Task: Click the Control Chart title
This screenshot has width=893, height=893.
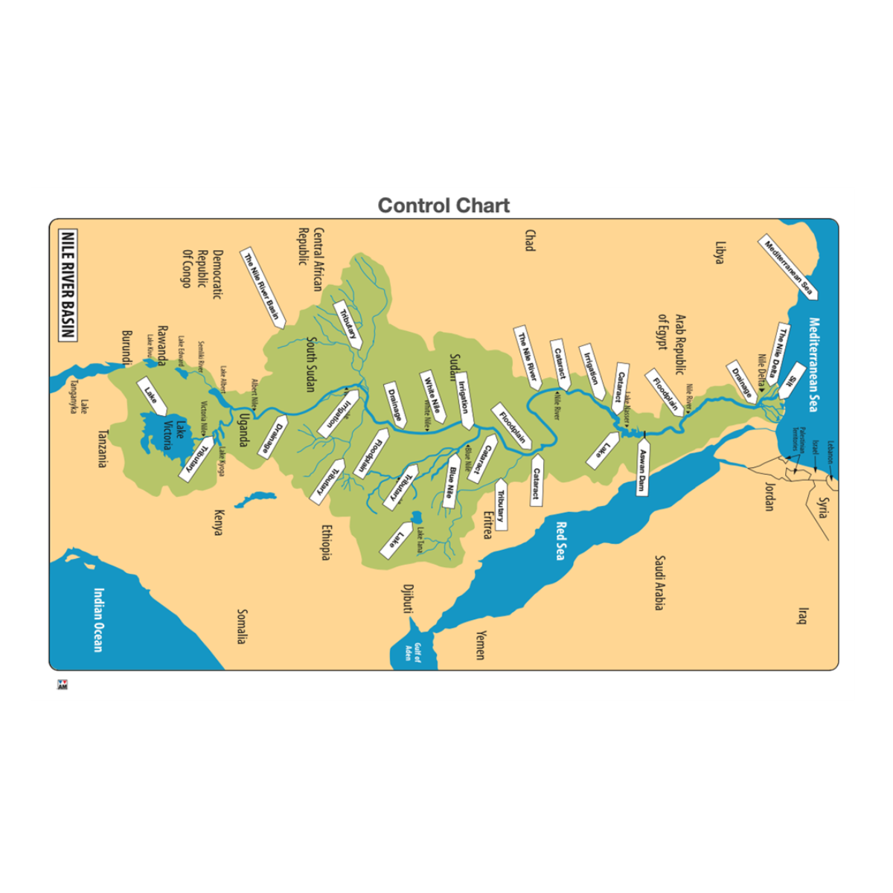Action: [x=444, y=205]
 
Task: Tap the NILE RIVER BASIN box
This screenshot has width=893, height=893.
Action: [x=68, y=285]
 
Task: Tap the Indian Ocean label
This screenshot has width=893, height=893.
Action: [x=98, y=620]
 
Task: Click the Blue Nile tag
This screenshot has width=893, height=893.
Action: [x=450, y=486]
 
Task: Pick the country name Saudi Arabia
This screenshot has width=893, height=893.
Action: [x=659, y=583]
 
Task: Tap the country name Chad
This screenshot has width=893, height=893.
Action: [x=530, y=240]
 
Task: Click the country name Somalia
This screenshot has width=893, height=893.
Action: [x=241, y=627]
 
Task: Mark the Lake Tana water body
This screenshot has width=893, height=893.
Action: [x=415, y=516]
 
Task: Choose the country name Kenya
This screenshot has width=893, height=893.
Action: [x=219, y=522]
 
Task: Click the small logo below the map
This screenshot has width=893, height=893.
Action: [x=62, y=685]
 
